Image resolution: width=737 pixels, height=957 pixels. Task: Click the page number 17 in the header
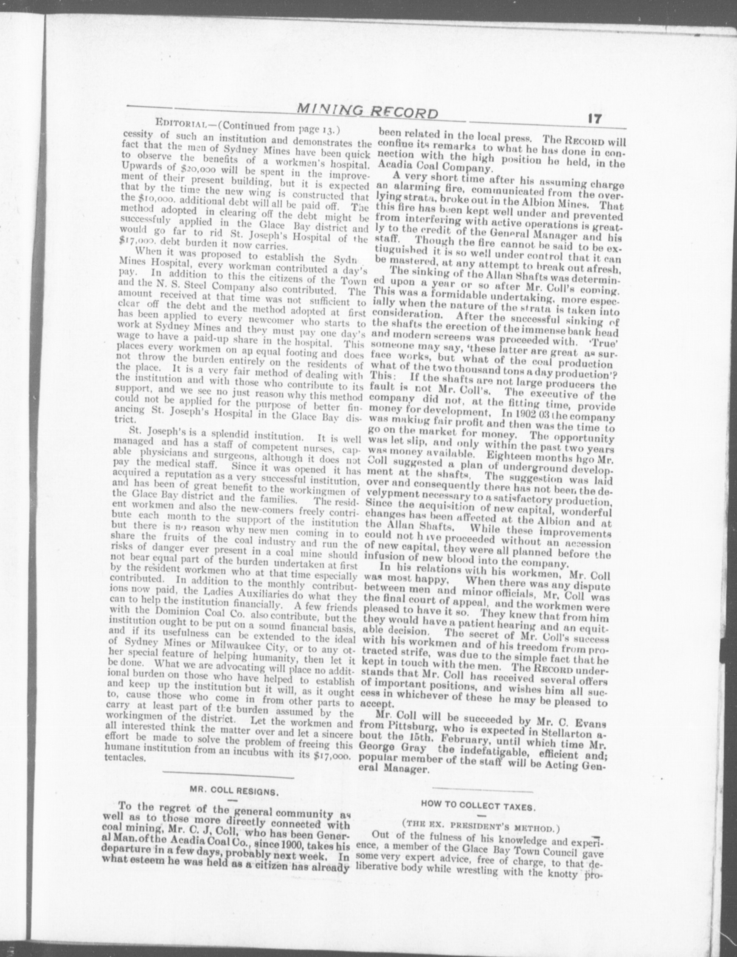click(592, 119)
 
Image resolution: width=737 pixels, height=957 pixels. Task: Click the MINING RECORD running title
click(368, 113)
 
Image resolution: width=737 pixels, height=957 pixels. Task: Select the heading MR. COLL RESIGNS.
click(234, 792)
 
